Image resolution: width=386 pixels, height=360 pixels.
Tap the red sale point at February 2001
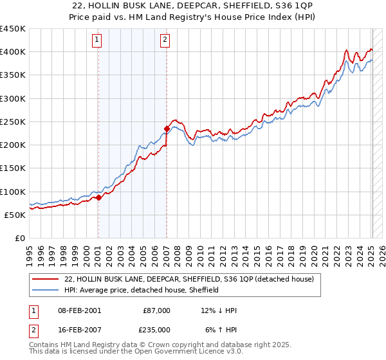pos(98,198)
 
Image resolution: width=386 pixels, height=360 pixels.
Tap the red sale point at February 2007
pos(167,129)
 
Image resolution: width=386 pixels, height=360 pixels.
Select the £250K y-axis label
pos(13,122)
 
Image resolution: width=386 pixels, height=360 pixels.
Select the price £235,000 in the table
pos(156,329)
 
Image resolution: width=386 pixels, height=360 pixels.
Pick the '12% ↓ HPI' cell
pos(219,310)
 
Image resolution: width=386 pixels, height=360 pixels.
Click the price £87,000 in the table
pos(156,310)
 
